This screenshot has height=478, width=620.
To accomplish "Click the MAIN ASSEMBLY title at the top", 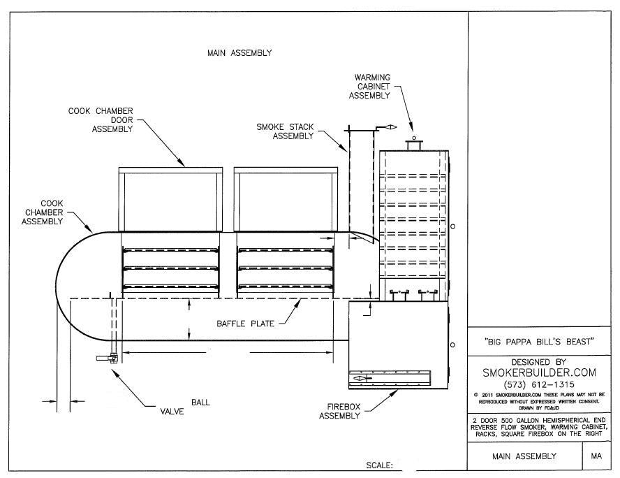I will (239, 52).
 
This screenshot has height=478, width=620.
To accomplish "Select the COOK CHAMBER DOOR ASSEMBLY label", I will (101, 119).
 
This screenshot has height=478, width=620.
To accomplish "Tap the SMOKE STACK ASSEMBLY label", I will (286, 131).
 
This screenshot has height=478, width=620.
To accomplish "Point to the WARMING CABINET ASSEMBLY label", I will (372, 87).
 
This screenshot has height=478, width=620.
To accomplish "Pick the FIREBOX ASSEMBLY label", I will (340, 410).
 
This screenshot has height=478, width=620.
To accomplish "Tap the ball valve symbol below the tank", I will (105, 358).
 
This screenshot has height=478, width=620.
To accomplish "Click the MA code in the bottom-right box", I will (596, 456).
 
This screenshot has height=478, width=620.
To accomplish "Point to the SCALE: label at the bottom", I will (380, 465).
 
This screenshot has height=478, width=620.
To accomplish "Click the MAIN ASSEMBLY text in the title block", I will (515, 456).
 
